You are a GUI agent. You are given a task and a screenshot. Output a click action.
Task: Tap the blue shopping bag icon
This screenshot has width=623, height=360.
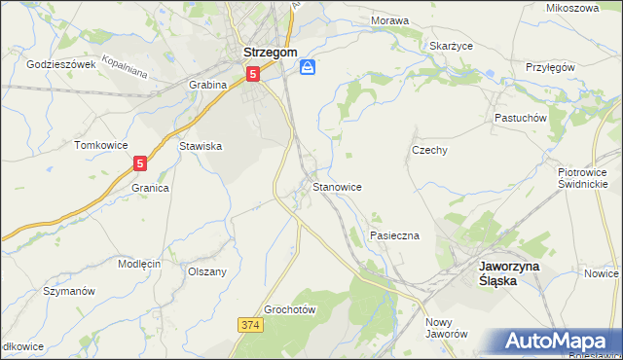(308, 67)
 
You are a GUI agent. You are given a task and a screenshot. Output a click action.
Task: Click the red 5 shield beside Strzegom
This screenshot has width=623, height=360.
(253, 73)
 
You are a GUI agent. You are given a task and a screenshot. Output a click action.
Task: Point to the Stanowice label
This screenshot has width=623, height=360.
(338, 185)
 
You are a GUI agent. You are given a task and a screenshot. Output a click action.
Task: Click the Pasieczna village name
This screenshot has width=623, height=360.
(394, 236)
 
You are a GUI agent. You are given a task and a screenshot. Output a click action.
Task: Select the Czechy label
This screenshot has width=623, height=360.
(429, 150)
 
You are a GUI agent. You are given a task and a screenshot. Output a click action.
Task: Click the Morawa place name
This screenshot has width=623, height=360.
(389, 19)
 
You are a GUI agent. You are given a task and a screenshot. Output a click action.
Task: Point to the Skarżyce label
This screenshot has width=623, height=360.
(451, 45)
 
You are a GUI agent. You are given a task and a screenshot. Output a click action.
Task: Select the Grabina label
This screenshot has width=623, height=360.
(207, 85)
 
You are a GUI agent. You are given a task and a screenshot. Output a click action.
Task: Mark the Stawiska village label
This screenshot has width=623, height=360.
(202, 146)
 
